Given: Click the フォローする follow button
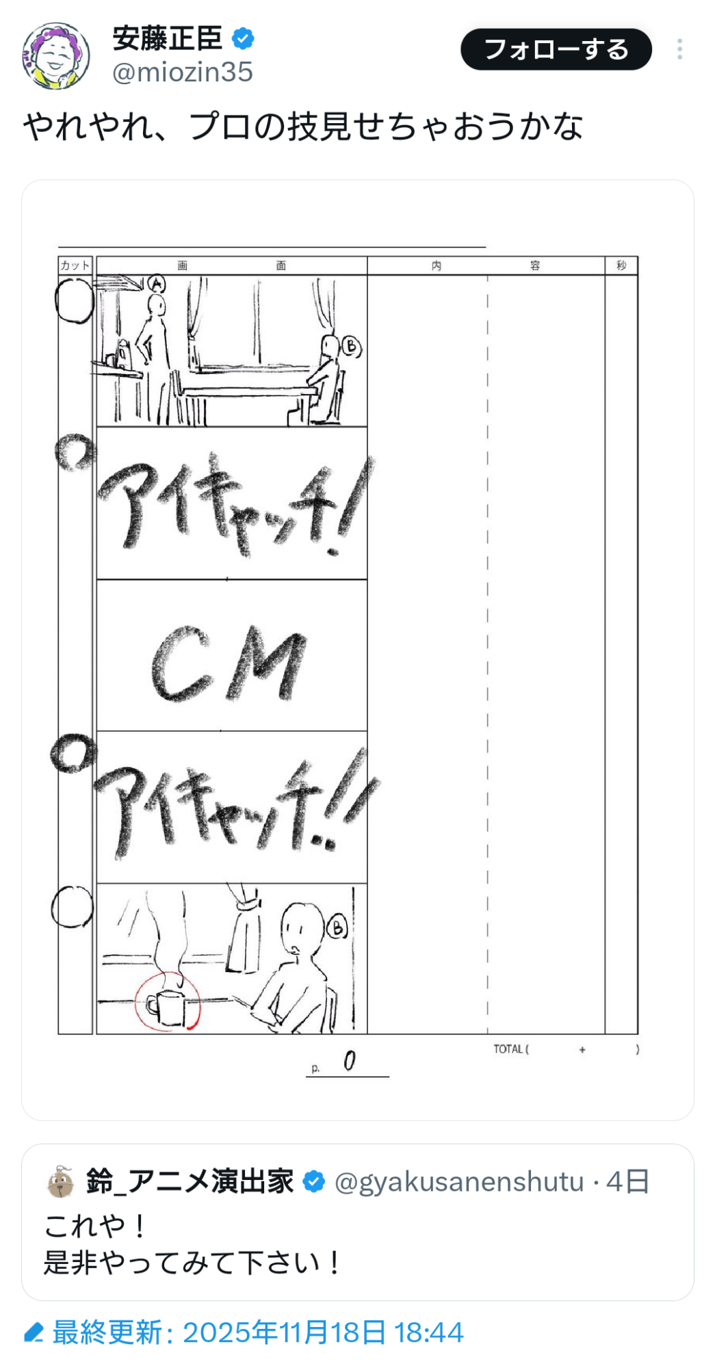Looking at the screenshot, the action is (556, 49).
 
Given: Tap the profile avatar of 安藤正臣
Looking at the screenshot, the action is (56, 56).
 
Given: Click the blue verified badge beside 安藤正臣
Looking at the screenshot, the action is (243, 38).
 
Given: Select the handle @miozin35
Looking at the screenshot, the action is (183, 72).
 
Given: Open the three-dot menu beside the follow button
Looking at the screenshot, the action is (679, 49).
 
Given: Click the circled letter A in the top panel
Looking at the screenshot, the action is (157, 283).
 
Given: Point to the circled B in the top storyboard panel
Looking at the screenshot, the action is (351, 347).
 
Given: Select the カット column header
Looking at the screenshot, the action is (75, 265).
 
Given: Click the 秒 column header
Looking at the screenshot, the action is (621, 265).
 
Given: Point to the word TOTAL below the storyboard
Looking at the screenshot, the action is (508, 1049).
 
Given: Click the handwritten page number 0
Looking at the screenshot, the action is (350, 1061).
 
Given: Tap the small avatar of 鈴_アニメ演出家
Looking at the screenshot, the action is (61, 1182).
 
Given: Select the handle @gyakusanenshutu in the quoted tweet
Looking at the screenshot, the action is (459, 1182).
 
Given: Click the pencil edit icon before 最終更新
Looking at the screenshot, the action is (34, 1332).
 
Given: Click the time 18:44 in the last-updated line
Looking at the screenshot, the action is (429, 1332).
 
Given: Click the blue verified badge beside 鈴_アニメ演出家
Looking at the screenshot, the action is (313, 1181).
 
